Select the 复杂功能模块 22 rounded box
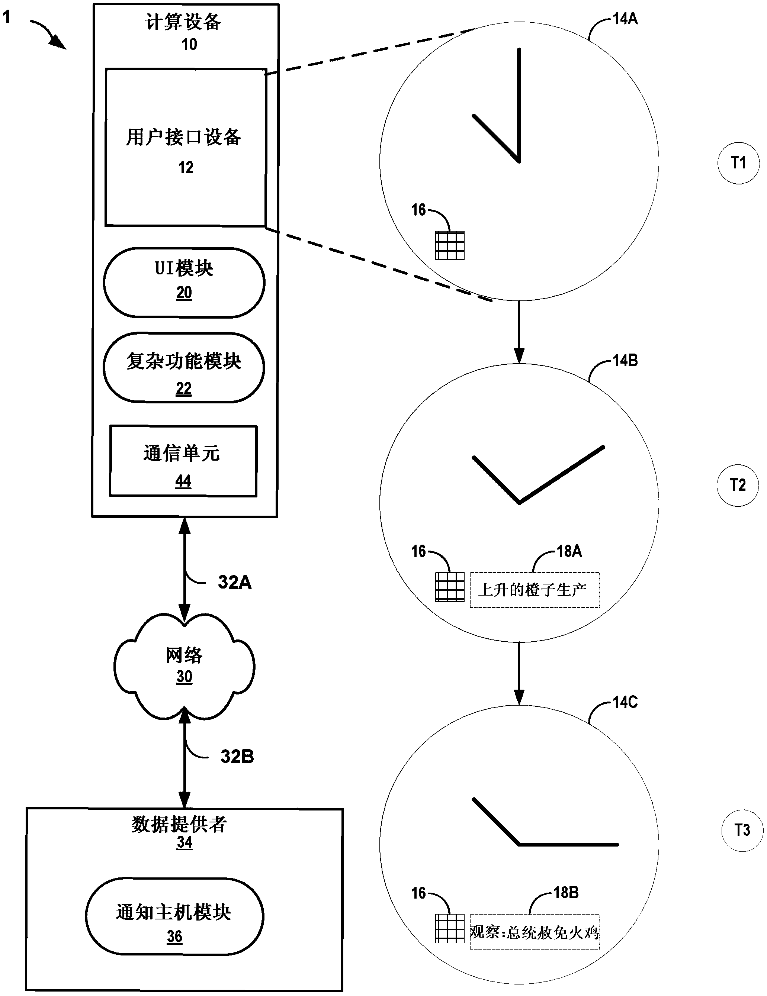click(184, 368)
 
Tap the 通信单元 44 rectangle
click(183, 461)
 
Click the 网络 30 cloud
click(184, 665)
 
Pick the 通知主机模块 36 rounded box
click(174, 917)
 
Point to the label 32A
click(234, 582)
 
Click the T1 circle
click(738, 163)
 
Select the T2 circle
click(737, 485)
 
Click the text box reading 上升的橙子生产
click(534, 590)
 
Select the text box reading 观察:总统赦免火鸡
click(534, 932)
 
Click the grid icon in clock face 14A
click(449, 245)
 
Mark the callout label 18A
click(569, 551)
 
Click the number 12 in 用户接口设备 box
click(186, 167)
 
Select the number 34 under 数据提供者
click(184, 842)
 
